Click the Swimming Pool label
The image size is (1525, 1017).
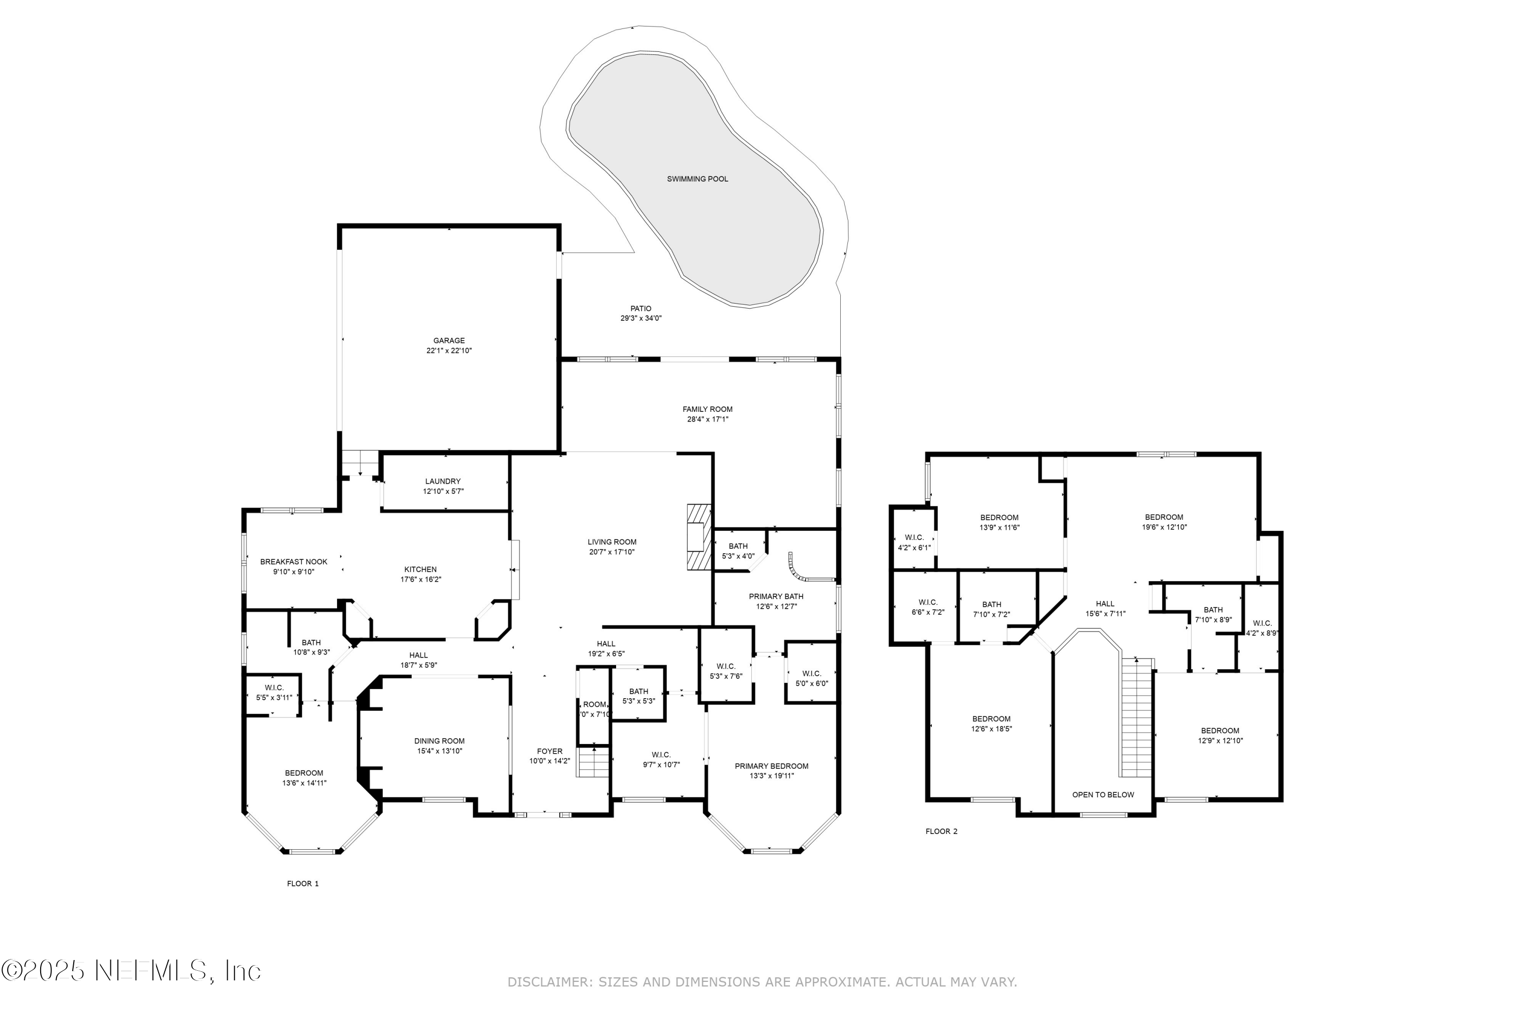coord(697,179)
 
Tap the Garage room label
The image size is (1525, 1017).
coord(449,341)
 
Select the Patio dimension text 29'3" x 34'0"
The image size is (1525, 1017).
coord(640,318)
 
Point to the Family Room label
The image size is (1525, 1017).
coord(708,409)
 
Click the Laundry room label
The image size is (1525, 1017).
coord(443,481)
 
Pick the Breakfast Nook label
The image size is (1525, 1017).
coord(294,562)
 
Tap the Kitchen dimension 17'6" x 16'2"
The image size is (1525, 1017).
coord(421,580)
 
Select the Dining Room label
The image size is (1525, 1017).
coord(439,741)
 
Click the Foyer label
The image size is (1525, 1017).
coord(550,751)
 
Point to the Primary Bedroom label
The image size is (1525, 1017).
coord(772,766)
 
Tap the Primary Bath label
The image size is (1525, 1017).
coord(776,596)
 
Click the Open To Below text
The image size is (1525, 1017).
coord(1103,794)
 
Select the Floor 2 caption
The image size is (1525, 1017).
coord(941,831)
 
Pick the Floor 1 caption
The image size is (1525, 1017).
coord(303,883)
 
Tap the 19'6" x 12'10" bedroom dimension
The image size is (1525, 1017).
coord(1164,527)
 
